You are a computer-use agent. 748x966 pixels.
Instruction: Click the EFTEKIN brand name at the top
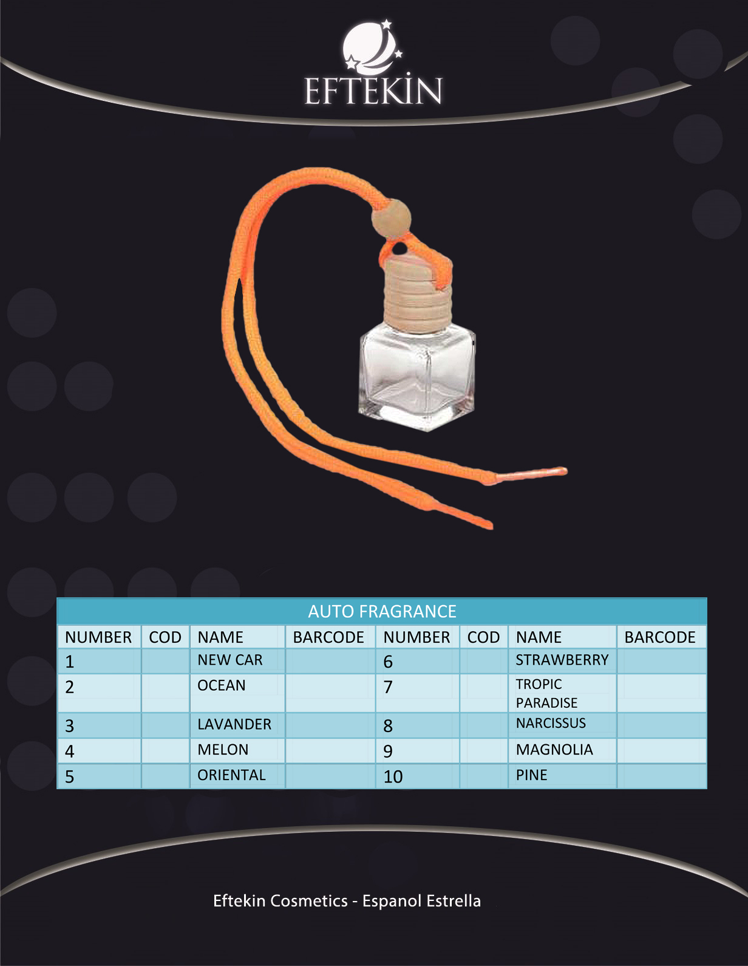(x=373, y=91)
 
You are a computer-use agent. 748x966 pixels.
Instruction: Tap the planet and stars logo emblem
(x=372, y=47)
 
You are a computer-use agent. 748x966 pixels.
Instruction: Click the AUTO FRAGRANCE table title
(x=382, y=611)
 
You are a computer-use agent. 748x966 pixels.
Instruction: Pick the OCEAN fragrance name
(x=221, y=685)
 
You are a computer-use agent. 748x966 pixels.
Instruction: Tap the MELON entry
(x=223, y=750)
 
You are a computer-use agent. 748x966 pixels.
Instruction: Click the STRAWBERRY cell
(x=562, y=660)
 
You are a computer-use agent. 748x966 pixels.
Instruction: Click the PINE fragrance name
(x=532, y=775)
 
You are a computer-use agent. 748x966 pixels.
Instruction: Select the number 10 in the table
(x=393, y=776)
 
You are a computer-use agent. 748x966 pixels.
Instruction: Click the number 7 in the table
(x=388, y=687)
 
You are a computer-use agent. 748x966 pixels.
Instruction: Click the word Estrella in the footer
(x=454, y=900)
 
